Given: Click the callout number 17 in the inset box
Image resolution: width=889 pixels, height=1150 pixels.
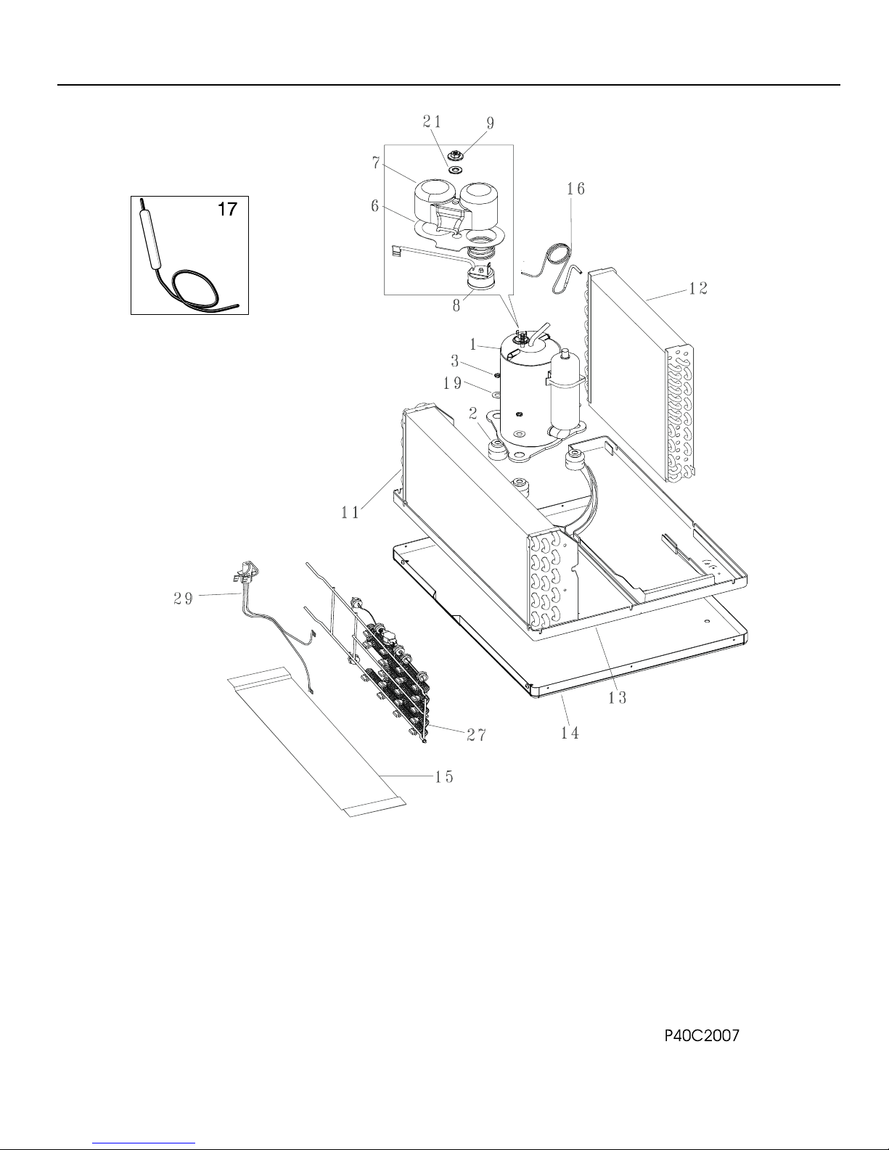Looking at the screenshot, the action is pos(228,210).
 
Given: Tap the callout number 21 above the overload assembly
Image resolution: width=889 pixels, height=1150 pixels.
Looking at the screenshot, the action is pos(432,122).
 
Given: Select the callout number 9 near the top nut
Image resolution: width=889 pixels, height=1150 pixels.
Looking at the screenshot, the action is pos(491,123).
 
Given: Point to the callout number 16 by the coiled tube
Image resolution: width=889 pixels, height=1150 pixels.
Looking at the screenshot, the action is pos(575,189).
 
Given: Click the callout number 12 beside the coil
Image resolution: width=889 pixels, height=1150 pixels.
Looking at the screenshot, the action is pos(698,289).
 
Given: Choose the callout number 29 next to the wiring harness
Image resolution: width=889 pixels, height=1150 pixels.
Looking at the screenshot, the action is pos(184,599).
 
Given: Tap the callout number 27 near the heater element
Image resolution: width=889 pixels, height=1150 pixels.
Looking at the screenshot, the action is pos(476,734).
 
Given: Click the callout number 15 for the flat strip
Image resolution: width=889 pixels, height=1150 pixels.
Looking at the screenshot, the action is pos(444,776).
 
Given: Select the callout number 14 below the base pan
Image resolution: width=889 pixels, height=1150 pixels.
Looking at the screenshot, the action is pos(570,733).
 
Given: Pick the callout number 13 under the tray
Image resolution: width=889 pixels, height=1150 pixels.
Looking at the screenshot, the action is pos(617,698).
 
